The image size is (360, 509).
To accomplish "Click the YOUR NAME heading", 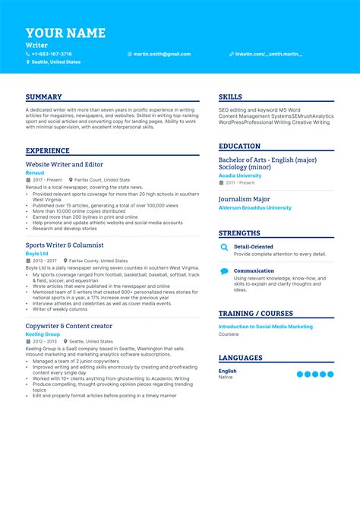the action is tap(65, 33).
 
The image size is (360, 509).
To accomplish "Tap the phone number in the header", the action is tap(52, 54).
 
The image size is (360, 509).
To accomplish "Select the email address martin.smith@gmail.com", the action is tap(163, 54).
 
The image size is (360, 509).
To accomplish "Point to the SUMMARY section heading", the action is tap(44, 97).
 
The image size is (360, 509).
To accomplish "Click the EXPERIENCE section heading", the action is tap(47, 151).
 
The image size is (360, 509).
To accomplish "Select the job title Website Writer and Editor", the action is tap(65, 164).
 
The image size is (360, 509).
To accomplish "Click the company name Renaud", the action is tap(35, 172).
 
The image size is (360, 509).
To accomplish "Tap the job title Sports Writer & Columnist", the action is tap(65, 245).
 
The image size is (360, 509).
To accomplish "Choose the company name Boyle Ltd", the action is tap(36, 254).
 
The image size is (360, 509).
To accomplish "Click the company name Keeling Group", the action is tap(43, 334).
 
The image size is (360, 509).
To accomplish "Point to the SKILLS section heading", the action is tap(231, 97).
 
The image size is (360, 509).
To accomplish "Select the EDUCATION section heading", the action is tap(239, 147).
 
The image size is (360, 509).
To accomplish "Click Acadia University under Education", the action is tap(240, 175).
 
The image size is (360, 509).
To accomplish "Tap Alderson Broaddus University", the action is tap(254, 207).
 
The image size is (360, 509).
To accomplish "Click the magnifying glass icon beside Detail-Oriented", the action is tap(224, 248).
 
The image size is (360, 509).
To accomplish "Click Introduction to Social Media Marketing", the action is tap(265, 326).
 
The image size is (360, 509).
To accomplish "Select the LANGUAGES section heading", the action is tap(240, 358).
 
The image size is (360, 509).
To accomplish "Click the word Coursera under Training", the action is tap(229, 334).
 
